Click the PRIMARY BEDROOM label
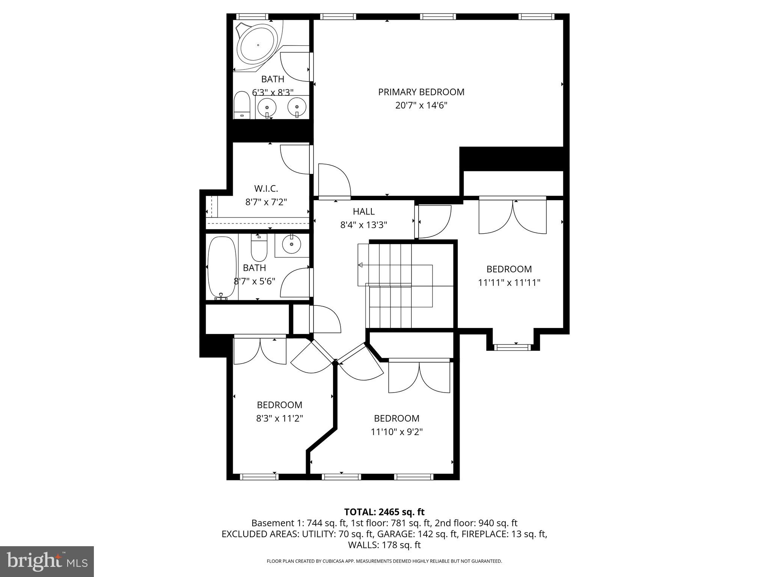point(421,92)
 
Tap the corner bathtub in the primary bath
point(258,45)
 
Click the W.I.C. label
point(266,188)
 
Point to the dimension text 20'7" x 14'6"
point(421,106)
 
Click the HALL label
point(363,211)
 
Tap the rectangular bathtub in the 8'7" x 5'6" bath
point(222,267)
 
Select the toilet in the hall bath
point(258,248)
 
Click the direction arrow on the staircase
point(360,265)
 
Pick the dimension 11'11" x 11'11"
point(509,282)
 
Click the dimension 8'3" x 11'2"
point(279,418)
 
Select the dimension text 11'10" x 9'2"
point(397,432)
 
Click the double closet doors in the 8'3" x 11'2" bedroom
point(260,350)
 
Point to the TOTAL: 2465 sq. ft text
point(384,512)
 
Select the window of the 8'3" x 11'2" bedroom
point(259,477)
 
